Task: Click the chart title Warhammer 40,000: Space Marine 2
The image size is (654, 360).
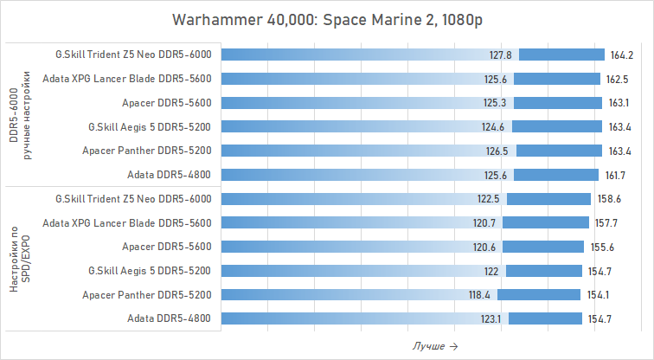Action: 327,20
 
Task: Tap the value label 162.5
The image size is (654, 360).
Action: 618,79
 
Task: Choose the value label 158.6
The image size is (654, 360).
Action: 608,199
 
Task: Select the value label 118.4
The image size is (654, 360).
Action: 478,295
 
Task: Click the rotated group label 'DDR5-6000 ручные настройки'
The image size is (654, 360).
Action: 20,115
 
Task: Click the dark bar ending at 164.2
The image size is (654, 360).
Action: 566,55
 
